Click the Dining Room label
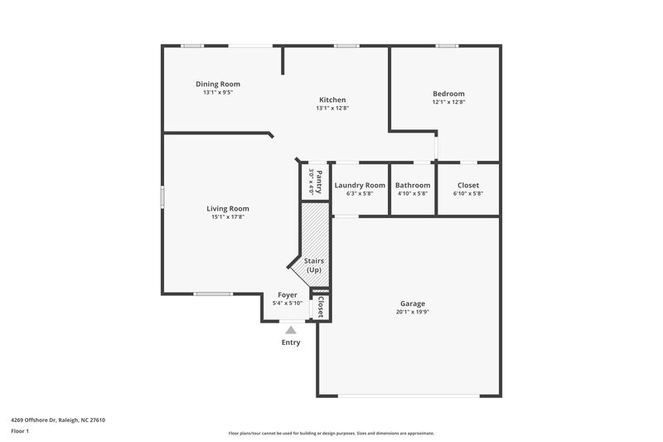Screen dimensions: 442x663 tap(218, 84)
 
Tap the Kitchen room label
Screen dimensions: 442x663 tap(332, 100)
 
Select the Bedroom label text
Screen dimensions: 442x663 tap(448, 94)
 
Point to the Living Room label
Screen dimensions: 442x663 tap(228, 208)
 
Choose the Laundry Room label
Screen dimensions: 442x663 tap(359, 185)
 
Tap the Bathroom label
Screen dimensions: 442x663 tap(413, 185)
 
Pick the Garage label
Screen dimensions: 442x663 tap(413, 304)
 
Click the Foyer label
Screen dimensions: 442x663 tap(287, 295)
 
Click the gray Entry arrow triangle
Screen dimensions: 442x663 tap(290, 330)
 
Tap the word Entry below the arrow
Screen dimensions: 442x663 tap(291, 342)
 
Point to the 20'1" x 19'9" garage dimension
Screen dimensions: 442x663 tap(413, 313)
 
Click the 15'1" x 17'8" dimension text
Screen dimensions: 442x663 tap(228, 217)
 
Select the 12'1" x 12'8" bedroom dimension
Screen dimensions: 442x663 tap(448, 102)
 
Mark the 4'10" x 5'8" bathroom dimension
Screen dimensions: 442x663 tap(413, 193)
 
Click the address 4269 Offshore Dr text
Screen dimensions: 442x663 tap(58, 420)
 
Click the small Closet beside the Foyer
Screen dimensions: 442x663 tap(319, 307)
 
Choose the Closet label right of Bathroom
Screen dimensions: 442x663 tap(467, 185)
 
